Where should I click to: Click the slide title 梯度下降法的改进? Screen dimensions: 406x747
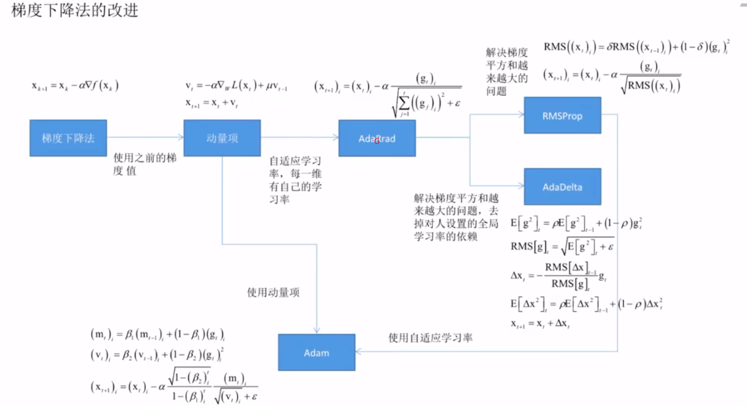[74, 12]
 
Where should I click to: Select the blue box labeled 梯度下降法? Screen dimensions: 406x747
[68, 138]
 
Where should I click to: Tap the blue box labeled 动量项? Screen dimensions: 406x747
[222, 138]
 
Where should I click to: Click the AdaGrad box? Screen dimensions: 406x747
[377, 138]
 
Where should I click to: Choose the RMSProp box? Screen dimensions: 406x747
[562, 115]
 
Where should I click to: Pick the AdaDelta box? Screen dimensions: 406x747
[562, 187]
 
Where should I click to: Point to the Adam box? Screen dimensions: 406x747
[317, 352]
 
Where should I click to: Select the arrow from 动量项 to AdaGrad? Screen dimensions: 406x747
[300, 137]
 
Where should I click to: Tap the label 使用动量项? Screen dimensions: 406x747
[273, 292]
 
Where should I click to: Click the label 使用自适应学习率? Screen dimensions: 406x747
[430, 338]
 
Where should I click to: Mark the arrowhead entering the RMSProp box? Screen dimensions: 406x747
[520, 115]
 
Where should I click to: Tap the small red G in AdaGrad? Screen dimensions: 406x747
[377, 141]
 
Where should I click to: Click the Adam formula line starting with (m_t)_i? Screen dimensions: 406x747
[157, 334]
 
